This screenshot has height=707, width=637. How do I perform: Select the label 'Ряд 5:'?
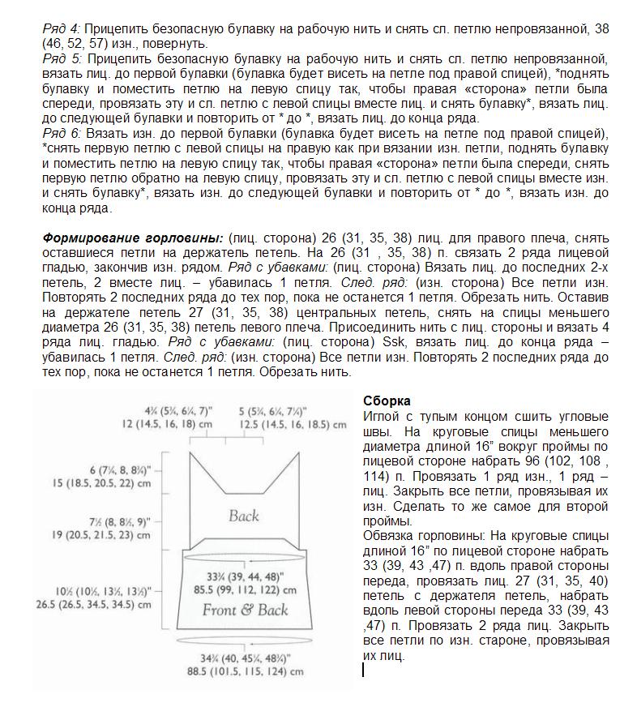[x=62, y=59]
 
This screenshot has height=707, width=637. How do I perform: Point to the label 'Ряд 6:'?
[x=62, y=134]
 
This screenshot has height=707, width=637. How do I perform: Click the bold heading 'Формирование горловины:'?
[x=132, y=238]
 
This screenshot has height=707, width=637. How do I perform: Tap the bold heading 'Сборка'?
[x=386, y=401]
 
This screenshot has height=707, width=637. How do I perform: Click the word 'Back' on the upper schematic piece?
[x=243, y=516]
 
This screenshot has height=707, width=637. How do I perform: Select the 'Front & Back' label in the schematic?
[x=245, y=610]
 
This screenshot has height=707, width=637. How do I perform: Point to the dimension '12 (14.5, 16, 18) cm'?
[x=167, y=424]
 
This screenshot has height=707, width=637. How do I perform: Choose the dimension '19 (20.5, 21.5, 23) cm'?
[x=104, y=536]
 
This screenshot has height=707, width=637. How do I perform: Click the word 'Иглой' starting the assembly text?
[x=380, y=416]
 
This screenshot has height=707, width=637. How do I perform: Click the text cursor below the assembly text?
[x=364, y=670]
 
